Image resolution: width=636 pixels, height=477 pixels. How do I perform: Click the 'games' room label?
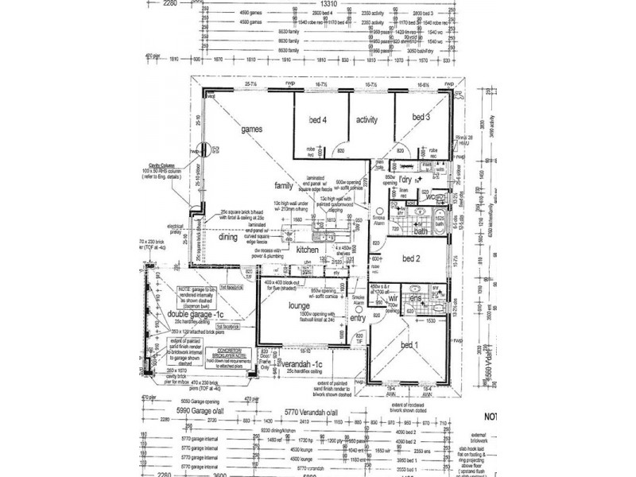click(x=252, y=128)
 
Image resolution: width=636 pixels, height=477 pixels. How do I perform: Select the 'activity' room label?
click(x=366, y=120)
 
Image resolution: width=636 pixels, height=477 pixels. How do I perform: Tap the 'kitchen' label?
click(x=308, y=250)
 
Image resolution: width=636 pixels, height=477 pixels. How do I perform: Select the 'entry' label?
click(x=357, y=318)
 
